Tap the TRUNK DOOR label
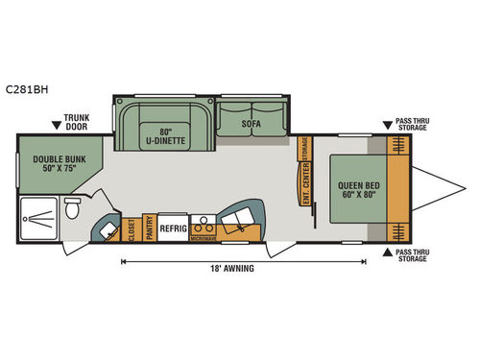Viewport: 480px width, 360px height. click(x=77, y=123)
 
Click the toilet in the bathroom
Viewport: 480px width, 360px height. click(x=72, y=209)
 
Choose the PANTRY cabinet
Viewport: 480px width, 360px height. click(x=149, y=228)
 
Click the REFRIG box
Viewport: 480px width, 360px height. click(x=173, y=228)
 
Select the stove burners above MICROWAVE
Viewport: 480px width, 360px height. click(x=202, y=219)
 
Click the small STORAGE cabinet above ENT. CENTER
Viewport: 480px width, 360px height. click(x=304, y=150)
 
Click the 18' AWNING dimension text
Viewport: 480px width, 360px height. click(x=233, y=269)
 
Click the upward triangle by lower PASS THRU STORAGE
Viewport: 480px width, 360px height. click(x=388, y=252)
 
